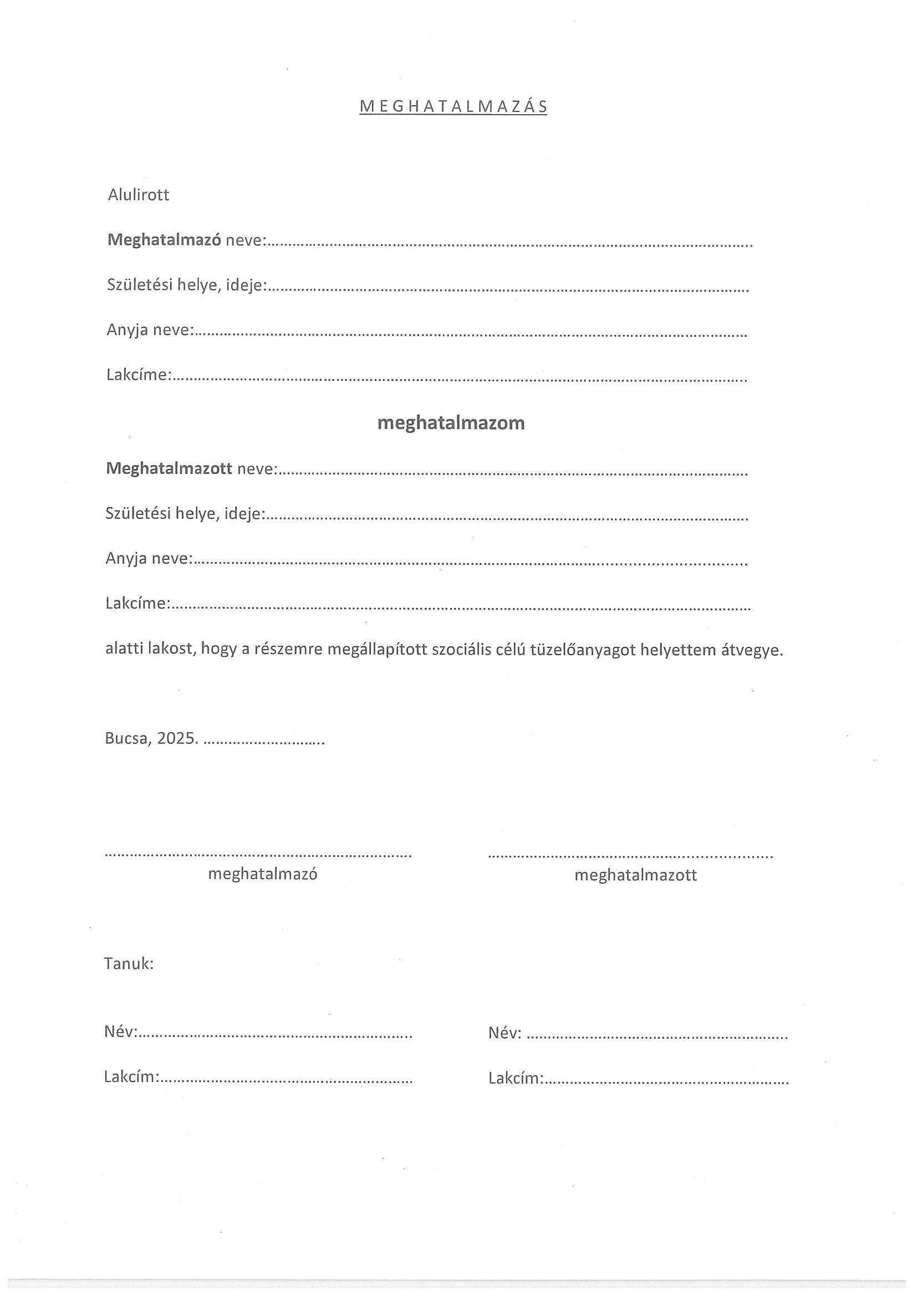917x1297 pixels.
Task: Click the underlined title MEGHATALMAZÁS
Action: coord(453,107)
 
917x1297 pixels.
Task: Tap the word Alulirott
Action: coord(139,196)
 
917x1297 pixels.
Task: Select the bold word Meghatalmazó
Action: coord(164,240)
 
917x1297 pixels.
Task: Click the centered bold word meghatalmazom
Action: coord(451,423)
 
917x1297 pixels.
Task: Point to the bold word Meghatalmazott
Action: coord(169,468)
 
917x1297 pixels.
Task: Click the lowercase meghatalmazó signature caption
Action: coord(263,874)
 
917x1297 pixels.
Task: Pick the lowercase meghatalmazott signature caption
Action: coord(635,875)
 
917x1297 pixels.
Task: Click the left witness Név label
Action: coord(120,1032)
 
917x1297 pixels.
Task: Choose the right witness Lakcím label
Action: coord(514,1079)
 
